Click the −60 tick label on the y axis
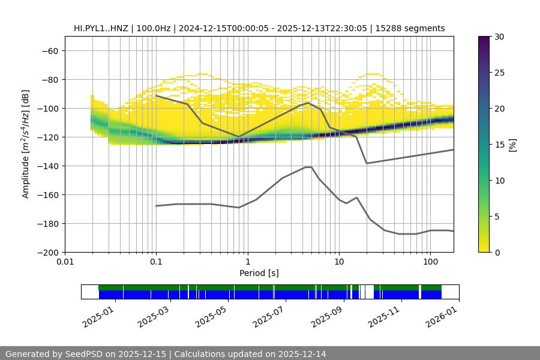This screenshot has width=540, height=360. click(x=49, y=50)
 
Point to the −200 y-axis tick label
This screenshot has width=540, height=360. click(x=47, y=252)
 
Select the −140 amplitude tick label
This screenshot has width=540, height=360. click(x=47, y=166)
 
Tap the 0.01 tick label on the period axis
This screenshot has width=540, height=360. click(x=65, y=263)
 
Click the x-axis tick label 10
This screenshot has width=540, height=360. click(x=338, y=263)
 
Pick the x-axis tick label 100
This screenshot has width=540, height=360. click(x=430, y=263)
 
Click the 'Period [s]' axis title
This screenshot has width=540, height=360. click(x=259, y=273)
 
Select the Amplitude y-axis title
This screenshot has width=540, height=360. click(x=26, y=144)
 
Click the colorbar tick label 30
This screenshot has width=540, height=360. click(x=499, y=37)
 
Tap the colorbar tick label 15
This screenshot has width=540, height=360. click(x=499, y=145)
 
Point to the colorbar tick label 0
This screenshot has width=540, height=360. click(x=497, y=253)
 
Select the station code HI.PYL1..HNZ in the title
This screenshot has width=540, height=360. click(x=103, y=28)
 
